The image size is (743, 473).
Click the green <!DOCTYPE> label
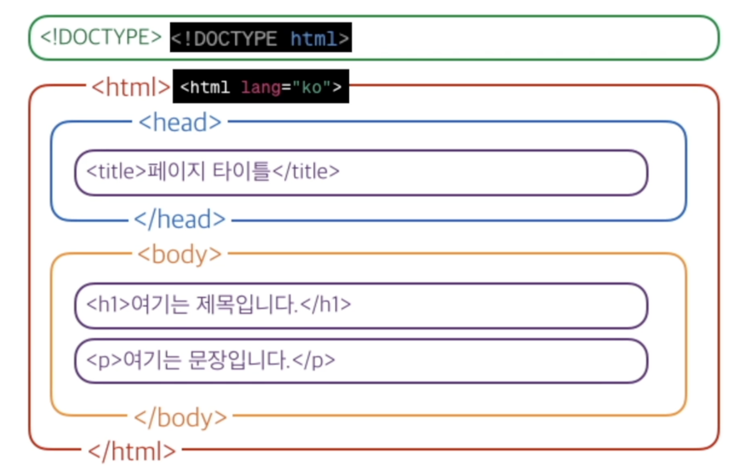coord(101,37)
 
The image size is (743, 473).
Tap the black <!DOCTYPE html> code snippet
coord(260,38)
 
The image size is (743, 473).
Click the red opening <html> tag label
coord(131,87)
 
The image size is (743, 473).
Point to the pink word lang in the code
coord(261,87)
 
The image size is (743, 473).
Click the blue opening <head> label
coord(180,122)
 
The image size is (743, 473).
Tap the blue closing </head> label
coord(180,219)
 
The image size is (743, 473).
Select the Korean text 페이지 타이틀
coord(208,171)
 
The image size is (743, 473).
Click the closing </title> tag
coord(306,171)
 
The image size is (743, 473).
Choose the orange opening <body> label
coord(179,254)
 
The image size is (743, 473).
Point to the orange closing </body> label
coord(180,418)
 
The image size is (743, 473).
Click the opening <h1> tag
coord(108,304)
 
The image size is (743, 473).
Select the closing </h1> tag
coord(326,304)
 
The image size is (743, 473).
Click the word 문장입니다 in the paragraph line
coord(238,360)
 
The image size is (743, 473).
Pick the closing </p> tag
coord(314,360)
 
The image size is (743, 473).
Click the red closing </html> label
coord(132,451)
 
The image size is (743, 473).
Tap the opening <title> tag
coord(116,171)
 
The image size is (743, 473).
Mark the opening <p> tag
coord(104,360)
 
